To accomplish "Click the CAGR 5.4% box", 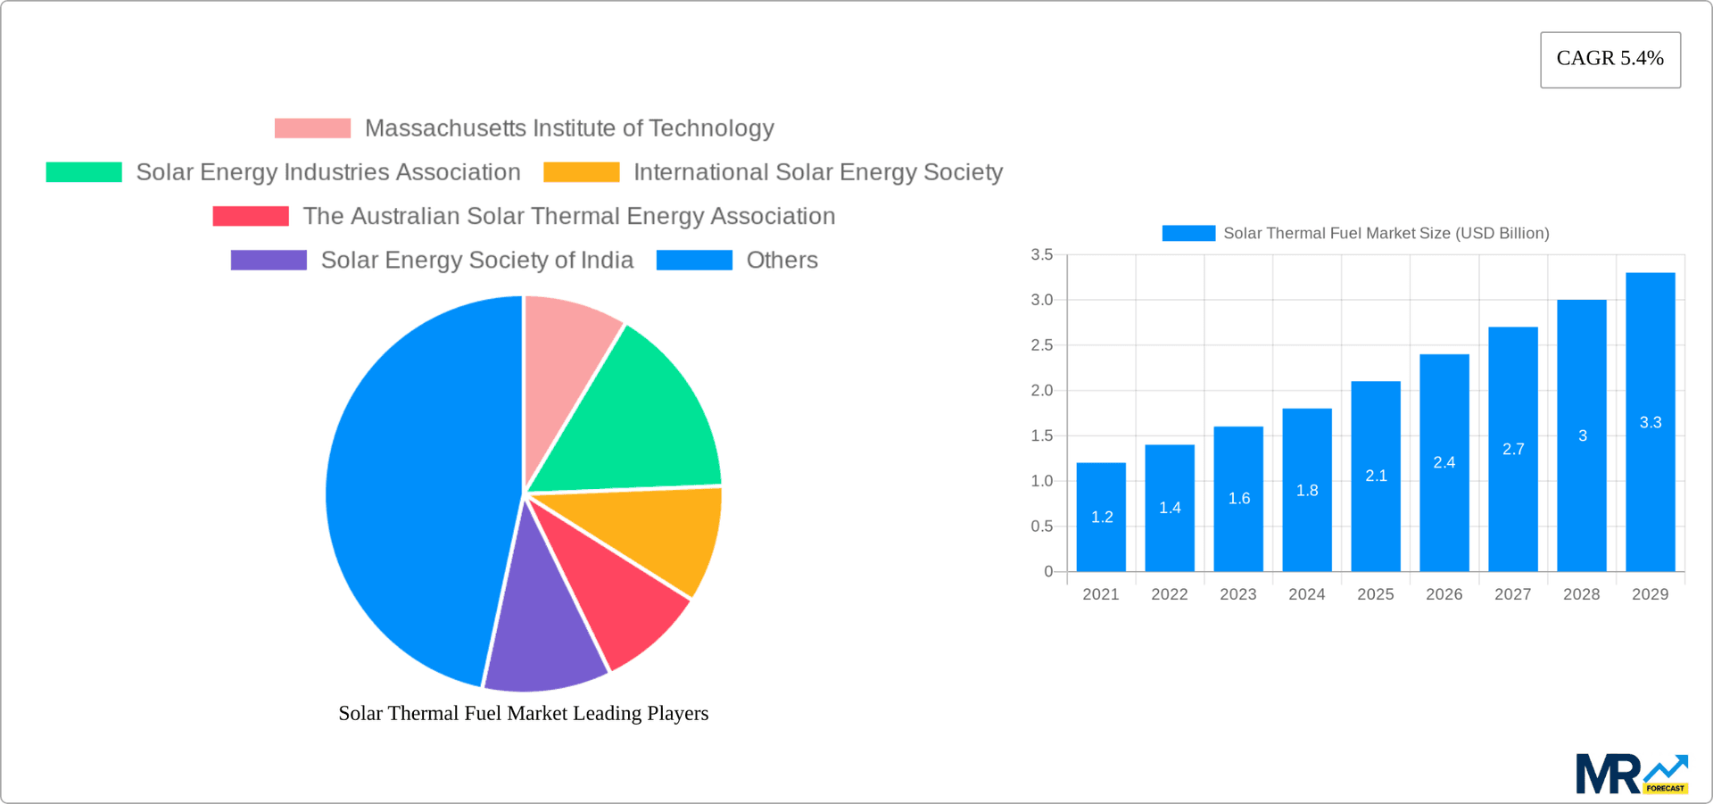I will click(1610, 59).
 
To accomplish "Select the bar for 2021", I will click(1101, 518).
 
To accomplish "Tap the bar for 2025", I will click(1376, 477).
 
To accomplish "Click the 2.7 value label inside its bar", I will click(1513, 449).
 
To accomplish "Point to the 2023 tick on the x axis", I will click(1237, 594).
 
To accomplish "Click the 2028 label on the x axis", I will click(1581, 594).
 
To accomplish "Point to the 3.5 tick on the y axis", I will click(1041, 255).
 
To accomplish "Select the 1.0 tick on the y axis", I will click(1041, 481).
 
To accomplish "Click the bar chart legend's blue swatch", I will click(1188, 233).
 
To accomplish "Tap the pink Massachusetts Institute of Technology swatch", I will click(312, 128).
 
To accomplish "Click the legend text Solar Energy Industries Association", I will click(327, 172).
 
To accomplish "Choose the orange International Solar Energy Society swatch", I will click(581, 172).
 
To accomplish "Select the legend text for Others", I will click(782, 260).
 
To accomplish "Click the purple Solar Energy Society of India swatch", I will click(269, 260).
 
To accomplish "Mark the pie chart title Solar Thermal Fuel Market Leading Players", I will click(523, 713).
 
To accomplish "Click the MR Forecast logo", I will click(1631, 774).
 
